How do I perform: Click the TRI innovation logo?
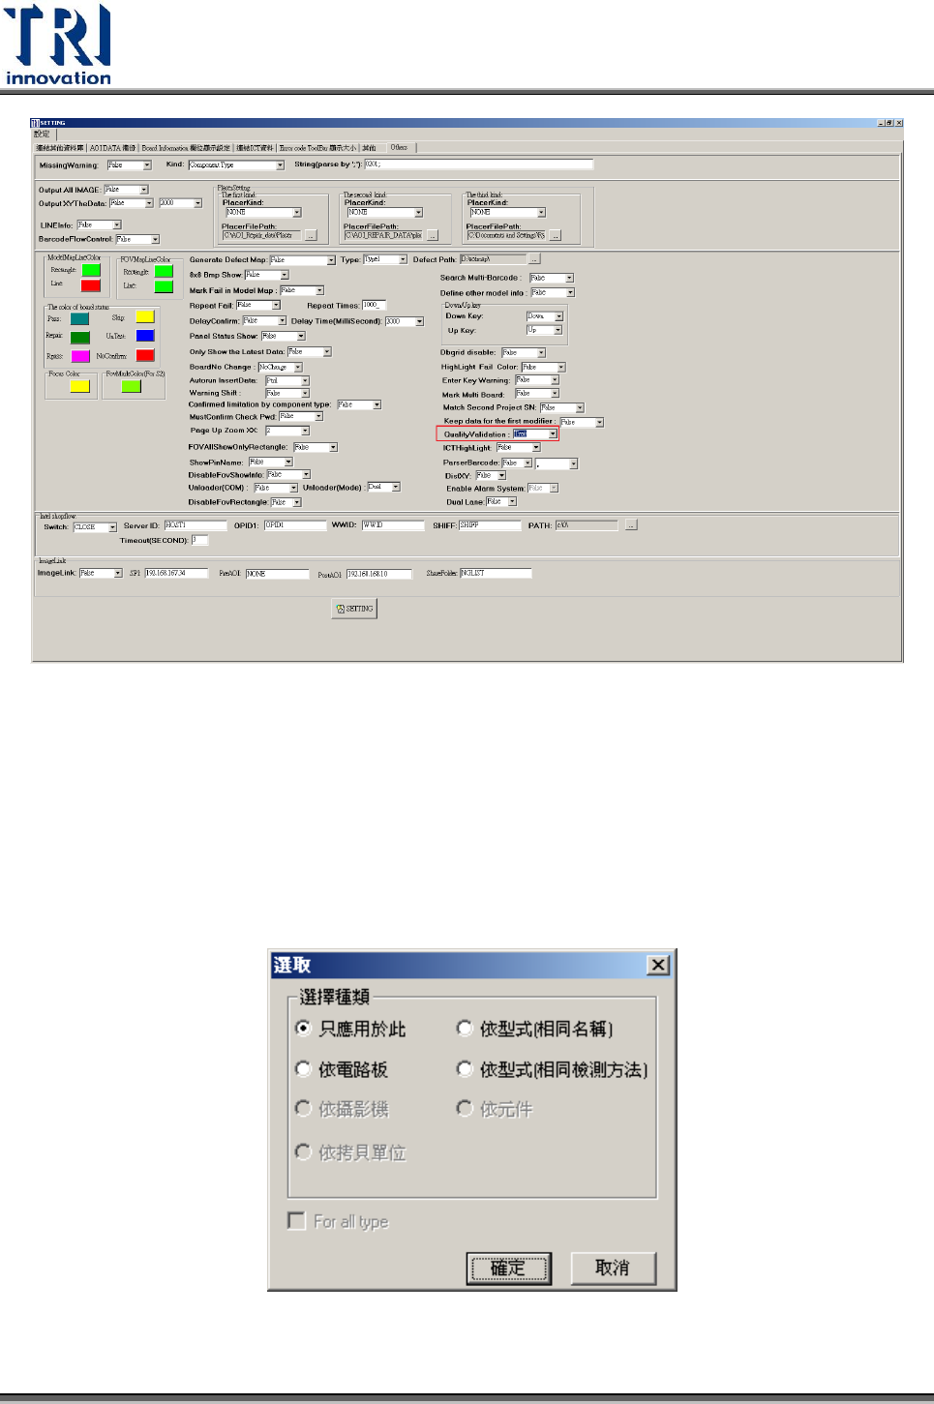58,45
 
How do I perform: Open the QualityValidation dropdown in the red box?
553,434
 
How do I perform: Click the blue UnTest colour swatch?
145,336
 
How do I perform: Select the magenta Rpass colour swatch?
80,356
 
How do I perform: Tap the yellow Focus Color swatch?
79,387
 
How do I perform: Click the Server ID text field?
194,525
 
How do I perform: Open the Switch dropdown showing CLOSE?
112,527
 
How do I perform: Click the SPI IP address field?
176,573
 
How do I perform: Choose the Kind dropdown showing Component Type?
280,165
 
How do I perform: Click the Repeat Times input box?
374,305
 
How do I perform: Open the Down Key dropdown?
558,316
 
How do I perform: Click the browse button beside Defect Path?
534,259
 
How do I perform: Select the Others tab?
399,148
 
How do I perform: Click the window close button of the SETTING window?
898,123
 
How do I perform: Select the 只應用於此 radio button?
303,1028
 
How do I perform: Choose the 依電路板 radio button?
303,1068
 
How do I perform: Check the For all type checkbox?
297,1221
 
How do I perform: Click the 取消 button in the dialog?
613,1268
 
